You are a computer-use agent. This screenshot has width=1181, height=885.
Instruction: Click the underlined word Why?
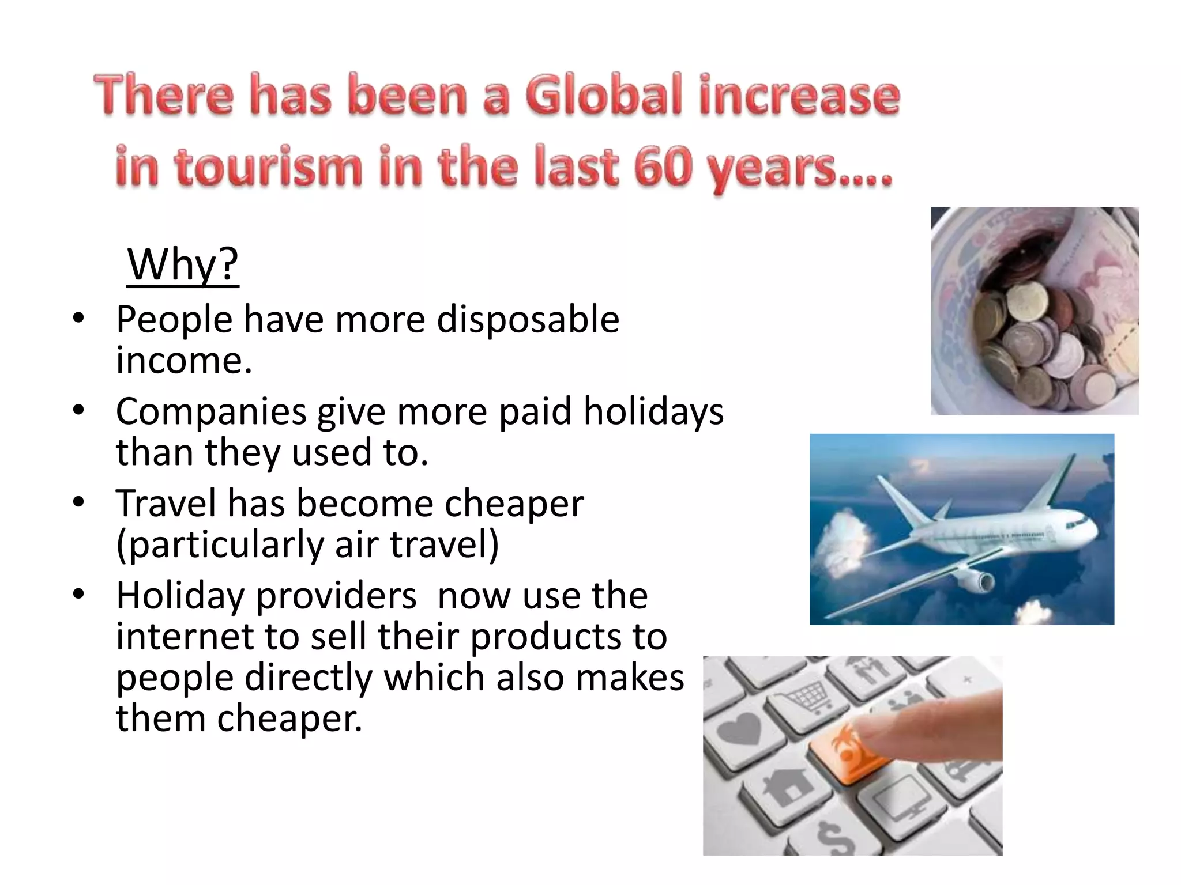coord(182,264)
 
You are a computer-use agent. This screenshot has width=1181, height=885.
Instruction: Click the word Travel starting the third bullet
coord(166,503)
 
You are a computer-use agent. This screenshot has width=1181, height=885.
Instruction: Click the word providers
coord(336,595)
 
